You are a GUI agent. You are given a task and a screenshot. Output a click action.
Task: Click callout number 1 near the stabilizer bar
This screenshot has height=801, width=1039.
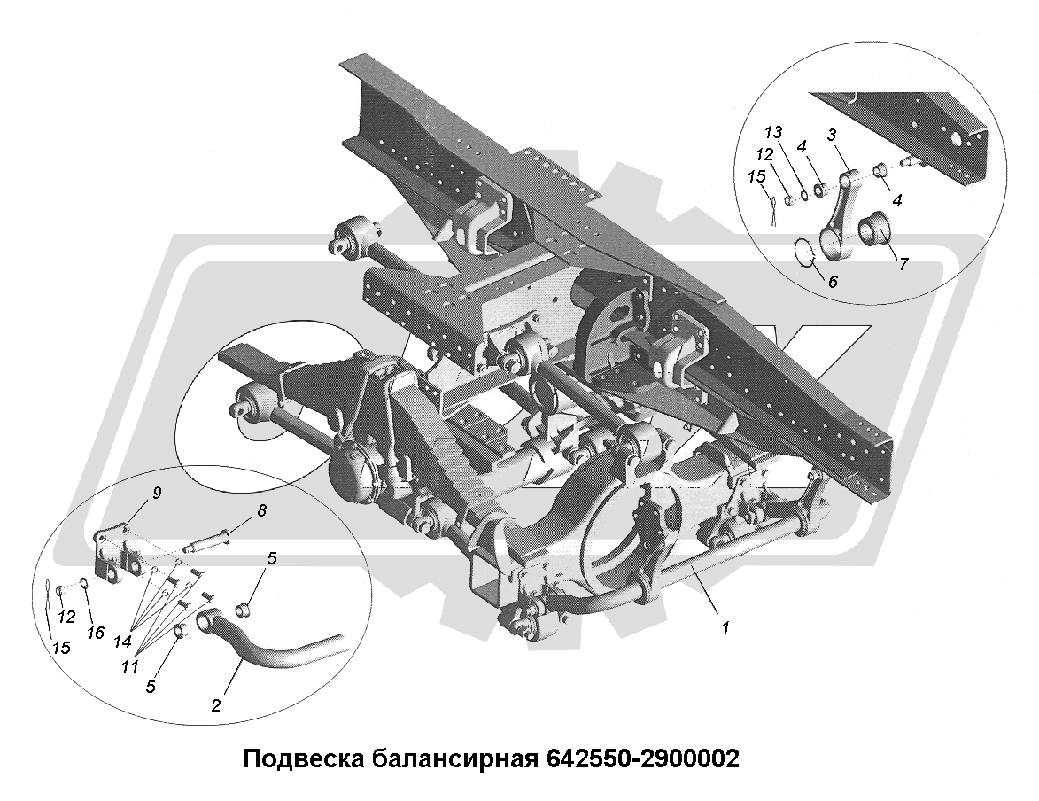726,626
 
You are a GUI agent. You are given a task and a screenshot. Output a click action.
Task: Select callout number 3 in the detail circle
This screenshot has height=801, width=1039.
833,135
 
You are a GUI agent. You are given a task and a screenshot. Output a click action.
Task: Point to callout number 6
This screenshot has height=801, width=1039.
833,281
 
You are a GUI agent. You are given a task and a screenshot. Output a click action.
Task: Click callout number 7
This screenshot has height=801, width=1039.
903,263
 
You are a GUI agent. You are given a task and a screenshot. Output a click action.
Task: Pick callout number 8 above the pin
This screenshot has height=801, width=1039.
262,510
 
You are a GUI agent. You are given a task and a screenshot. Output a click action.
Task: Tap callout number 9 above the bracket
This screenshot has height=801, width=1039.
157,493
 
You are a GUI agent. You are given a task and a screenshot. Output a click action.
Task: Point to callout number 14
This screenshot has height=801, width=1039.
121,642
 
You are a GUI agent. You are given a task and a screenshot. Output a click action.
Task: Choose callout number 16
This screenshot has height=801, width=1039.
96,633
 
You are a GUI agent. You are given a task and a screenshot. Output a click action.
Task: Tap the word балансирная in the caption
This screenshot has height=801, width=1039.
455,758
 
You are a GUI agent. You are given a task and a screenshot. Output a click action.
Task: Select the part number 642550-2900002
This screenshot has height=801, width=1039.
642,758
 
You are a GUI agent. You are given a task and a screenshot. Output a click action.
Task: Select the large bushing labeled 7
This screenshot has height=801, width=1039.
875,229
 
